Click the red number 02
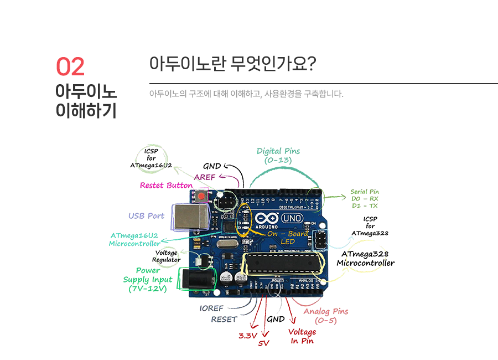coord(70,66)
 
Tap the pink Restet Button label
coord(166,186)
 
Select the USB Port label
coord(147,216)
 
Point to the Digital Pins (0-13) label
coord(278,156)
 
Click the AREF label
coord(204,177)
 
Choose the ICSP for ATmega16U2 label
coord(151,158)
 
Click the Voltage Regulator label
coord(167,256)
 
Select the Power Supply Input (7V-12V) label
coord(148,280)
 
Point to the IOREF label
coord(212,308)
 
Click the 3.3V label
coord(248,336)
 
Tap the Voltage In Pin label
coord(302,336)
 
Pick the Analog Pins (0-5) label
coord(326,316)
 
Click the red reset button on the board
coord(202,196)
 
